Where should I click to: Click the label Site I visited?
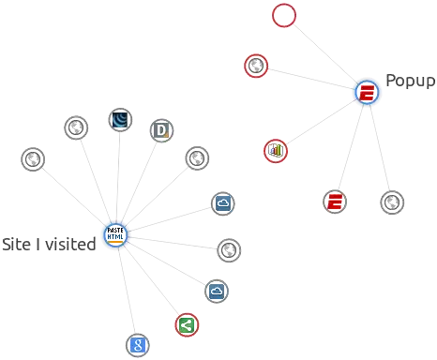pyautogui.click(x=48, y=245)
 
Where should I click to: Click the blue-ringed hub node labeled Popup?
pyautogui.click(x=367, y=92)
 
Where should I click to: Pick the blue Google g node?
pyautogui.click(x=138, y=344)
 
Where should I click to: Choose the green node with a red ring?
pyautogui.click(x=186, y=325)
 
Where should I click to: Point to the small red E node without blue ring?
pyautogui.click(x=335, y=201)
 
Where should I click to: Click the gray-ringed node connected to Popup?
pyautogui.click(x=390, y=202)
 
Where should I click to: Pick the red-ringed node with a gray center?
pyautogui.click(x=254, y=67)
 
